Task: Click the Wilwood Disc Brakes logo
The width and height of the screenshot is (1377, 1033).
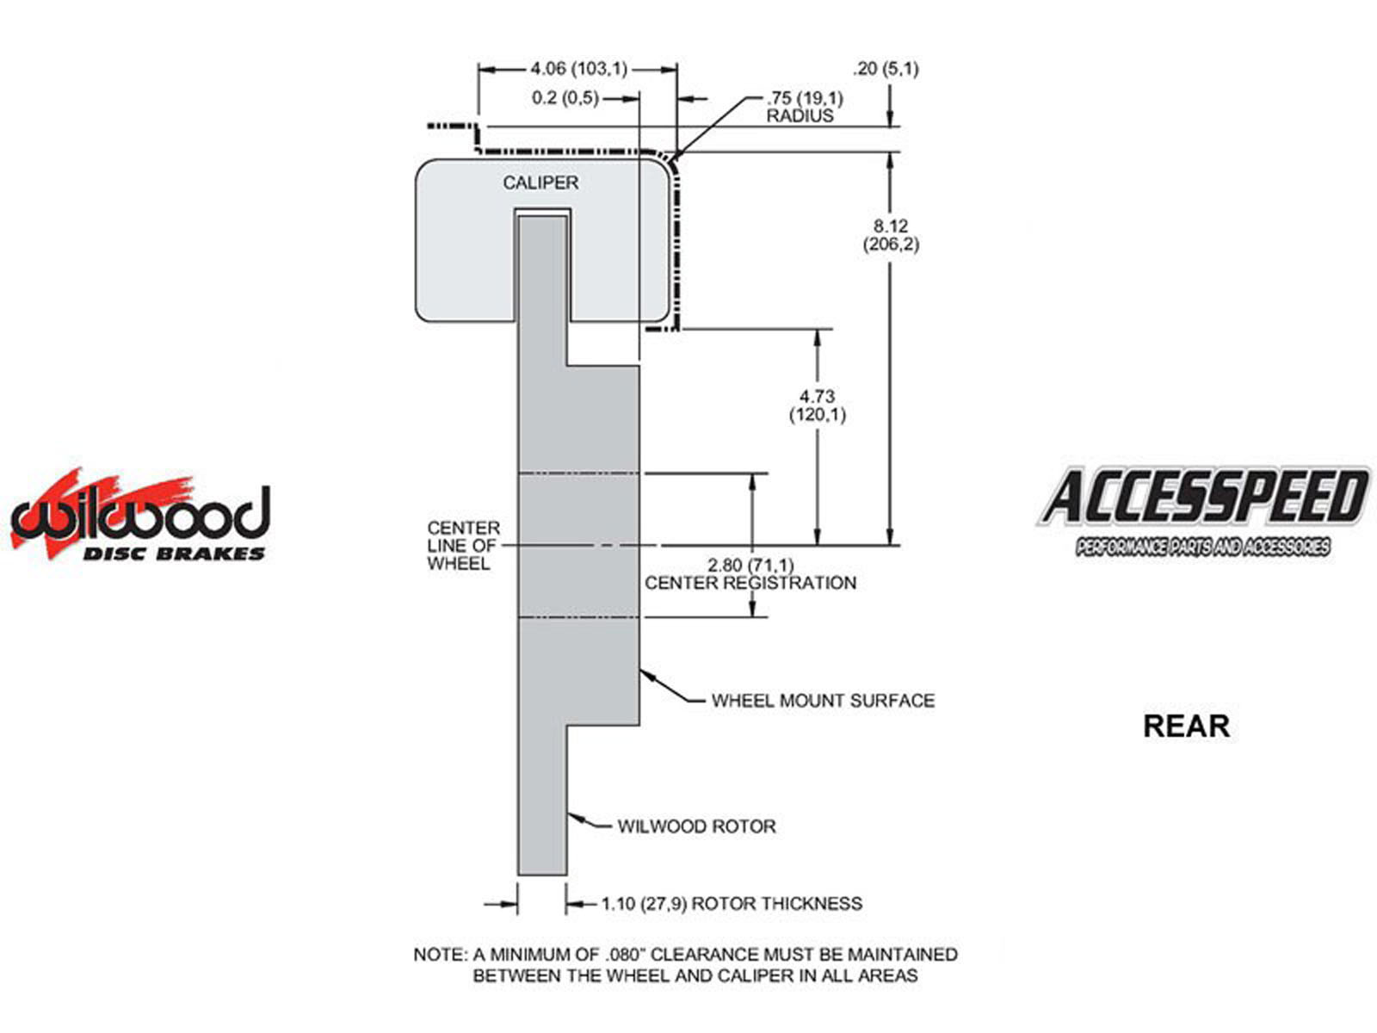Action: point(140,516)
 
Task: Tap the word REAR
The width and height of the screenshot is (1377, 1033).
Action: point(1185,726)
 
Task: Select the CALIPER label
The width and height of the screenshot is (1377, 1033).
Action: point(540,182)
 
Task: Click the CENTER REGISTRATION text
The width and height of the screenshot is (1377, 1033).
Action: point(750,583)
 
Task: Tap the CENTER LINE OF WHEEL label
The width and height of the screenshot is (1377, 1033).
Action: point(463,545)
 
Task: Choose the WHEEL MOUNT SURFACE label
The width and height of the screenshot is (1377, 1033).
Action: point(823,701)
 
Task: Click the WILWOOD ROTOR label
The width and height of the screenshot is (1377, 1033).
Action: point(696,826)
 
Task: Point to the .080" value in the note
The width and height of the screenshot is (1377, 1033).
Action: point(627,955)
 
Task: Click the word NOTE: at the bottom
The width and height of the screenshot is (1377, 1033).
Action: point(440,955)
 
